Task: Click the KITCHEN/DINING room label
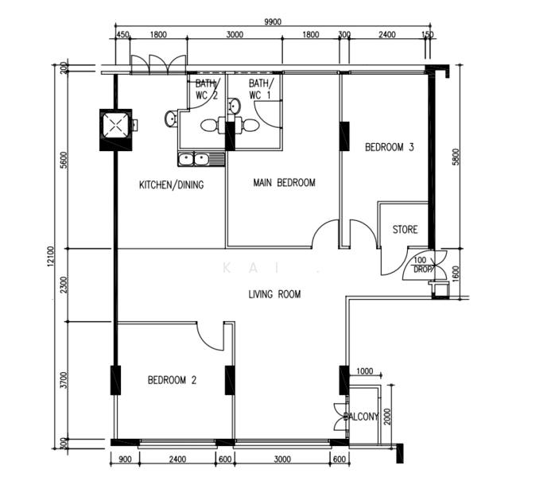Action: click(172, 185)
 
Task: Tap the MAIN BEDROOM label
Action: click(284, 183)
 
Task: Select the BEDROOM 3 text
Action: click(390, 147)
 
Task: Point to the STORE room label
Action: click(405, 231)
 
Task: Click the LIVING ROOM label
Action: click(274, 294)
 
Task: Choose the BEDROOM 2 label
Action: click(172, 380)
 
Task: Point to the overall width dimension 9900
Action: click(274, 23)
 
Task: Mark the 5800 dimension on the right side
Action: click(455, 157)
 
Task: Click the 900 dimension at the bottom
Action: click(125, 460)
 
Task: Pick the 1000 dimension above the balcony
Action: click(364, 371)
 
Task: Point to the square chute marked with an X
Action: click(117, 127)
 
